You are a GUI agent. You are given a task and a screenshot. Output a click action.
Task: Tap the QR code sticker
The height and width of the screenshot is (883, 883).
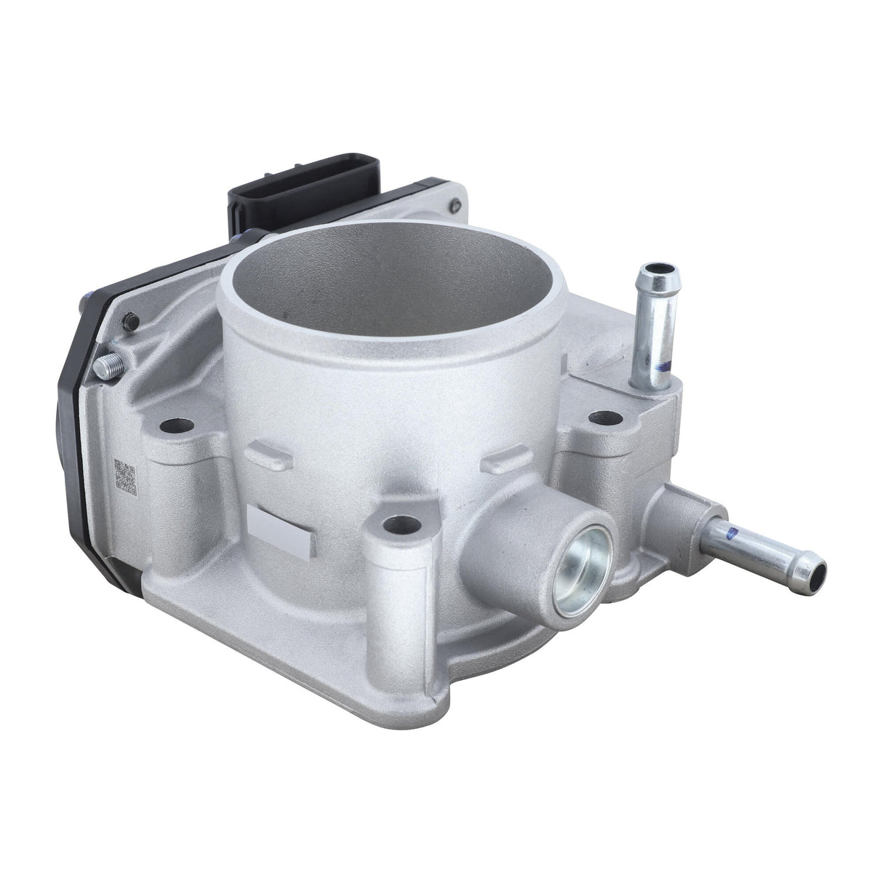click(x=126, y=476)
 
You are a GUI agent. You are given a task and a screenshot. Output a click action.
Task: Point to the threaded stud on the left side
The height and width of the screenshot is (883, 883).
click(x=103, y=367)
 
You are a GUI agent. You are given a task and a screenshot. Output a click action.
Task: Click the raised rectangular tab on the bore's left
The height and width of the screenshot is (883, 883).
click(x=269, y=457)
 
